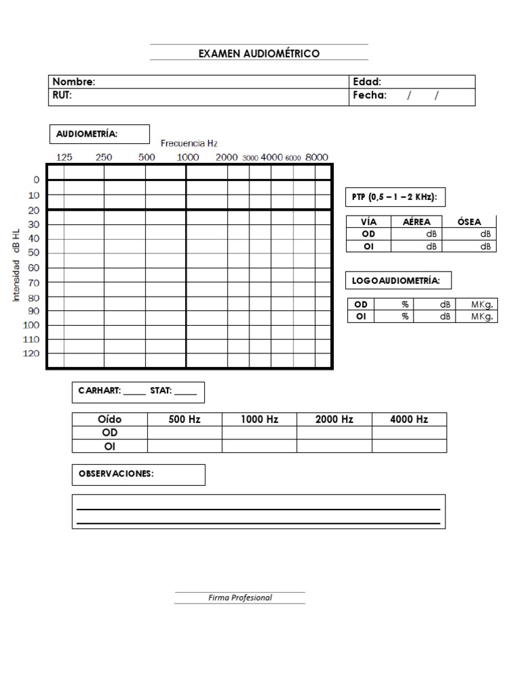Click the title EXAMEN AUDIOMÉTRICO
[x=259, y=53]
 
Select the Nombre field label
[x=74, y=82]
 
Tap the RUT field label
[x=62, y=96]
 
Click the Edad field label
[x=367, y=82]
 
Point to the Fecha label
[x=370, y=96]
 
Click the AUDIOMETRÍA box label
[x=86, y=134]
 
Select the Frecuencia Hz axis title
[x=189, y=143]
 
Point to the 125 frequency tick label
[x=64, y=157]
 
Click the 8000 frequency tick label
[x=316, y=157]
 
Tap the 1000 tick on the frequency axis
[x=188, y=157]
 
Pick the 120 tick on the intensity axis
[x=32, y=353]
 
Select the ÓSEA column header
[x=469, y=222]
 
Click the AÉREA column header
[x=416, y=222]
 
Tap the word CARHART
[x=99, y=391]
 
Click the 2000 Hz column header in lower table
[x=334, y=419]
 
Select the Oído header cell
[x=109, y=419]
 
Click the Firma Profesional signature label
[x=240, y=597]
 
